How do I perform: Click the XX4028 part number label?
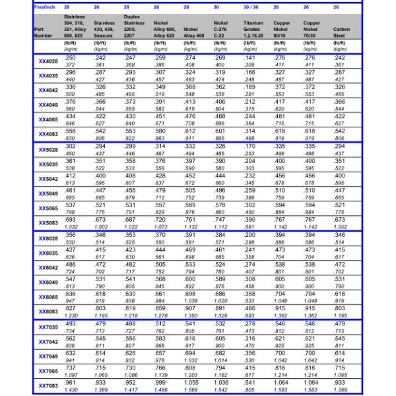pos(48,62)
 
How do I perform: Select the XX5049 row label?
pos(48,193)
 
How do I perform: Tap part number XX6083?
pos(48,312)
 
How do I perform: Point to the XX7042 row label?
pos(48,342)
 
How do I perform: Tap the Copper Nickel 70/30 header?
pos(310,30)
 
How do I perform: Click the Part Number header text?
pos(44,32)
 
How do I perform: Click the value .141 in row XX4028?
pos(249,58)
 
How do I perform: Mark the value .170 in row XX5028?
pos(249,146)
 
